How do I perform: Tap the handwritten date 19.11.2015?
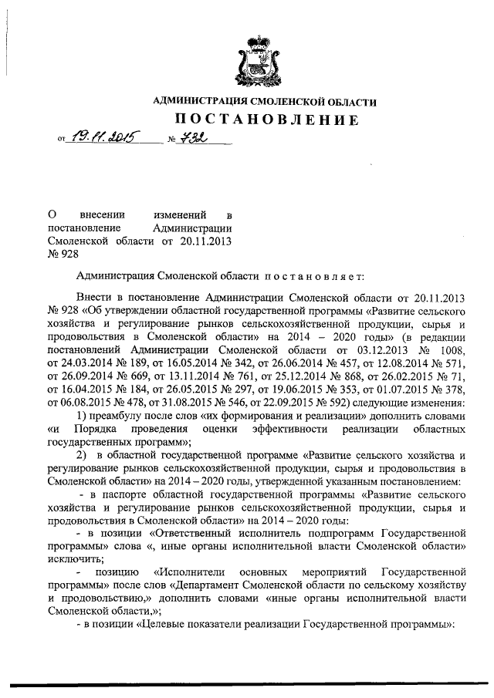[100, 139]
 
